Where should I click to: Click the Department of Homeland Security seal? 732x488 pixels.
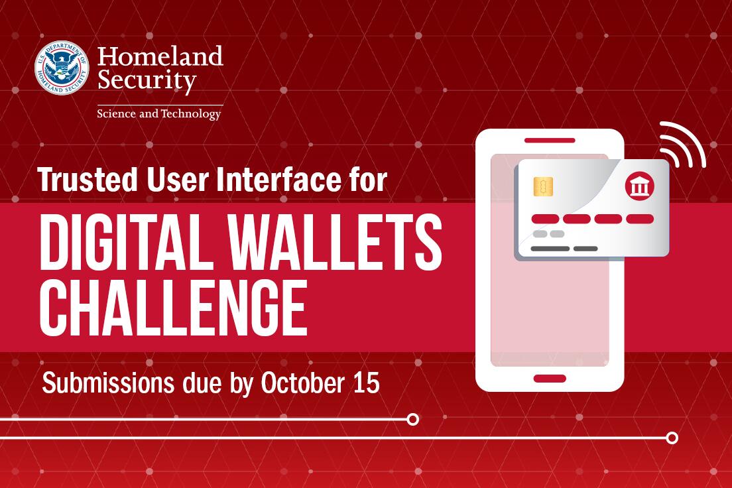[x=62, y=68]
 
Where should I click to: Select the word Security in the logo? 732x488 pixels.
[x=147, y=82]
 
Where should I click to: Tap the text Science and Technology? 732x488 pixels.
[x=159, y=114]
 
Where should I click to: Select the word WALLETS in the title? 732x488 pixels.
[x=338, y=245]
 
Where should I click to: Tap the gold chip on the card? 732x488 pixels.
[x=544, y=187]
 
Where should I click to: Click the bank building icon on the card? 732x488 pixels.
[x=639, y=188]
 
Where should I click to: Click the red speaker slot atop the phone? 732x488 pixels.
[x=550, y=141]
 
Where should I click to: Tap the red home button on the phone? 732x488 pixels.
[x=550, y=379]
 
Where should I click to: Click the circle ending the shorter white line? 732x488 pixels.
[x=412, y=419]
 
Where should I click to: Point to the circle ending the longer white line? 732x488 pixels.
[x=672, y=438]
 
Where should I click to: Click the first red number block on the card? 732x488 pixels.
[x=545, y=219]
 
